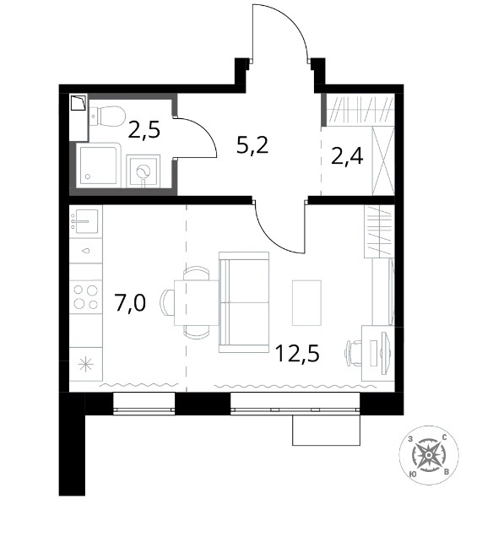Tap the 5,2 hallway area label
[252, 146]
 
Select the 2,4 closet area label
[347, 156]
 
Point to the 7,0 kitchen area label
[131, 303]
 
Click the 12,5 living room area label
[297, 353]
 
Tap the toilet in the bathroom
[107, 116]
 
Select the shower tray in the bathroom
[98, 165]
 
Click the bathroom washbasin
[144, 171]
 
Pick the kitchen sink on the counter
[86, 221]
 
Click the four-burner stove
[86, 297]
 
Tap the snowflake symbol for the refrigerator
[85, 364]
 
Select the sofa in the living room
[244, 302]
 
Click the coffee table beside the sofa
[306, 302]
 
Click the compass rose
[429, 455]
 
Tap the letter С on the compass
[445, 437]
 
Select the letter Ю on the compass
[413, 474]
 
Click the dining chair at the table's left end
[166, 302]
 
